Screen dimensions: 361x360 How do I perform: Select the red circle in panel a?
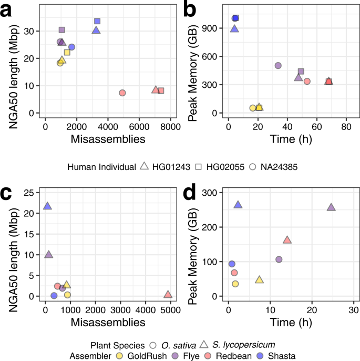[122, 93]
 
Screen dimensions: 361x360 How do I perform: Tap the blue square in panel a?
[97, 21]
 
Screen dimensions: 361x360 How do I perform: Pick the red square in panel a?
[161, 91]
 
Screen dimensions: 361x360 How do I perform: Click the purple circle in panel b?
[278, 66]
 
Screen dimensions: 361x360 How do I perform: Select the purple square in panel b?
[301, 72]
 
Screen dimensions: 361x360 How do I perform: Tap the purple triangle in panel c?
[49, 255]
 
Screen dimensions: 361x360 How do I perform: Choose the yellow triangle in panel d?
[259, 279]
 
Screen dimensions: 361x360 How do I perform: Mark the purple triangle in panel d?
[331, 207]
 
